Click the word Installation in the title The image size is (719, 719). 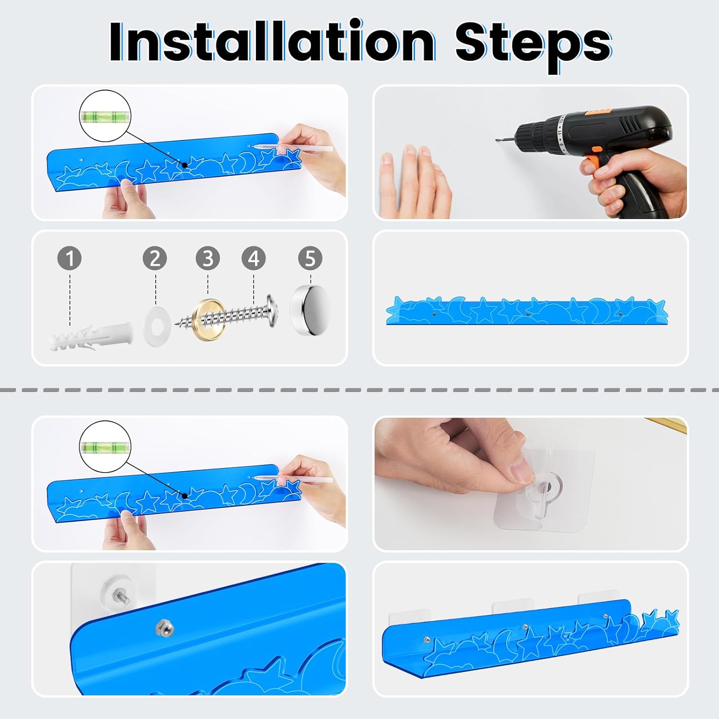(x=272, y=42)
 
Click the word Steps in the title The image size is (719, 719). (x=533, y=46)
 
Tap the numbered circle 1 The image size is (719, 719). (x=70, y=258)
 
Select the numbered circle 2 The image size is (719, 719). (x=155, y=258)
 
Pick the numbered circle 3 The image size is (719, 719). (x=208, y=258)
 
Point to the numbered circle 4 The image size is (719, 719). (x=254, y=258)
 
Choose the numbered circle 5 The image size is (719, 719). (x=310, y=258)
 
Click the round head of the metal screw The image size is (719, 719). (x=272, y=311)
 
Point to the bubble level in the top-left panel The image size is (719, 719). (x=105, y=116)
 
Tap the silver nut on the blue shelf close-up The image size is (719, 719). (x=164, y=627)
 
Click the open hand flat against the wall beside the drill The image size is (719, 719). (x=415, y=182)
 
